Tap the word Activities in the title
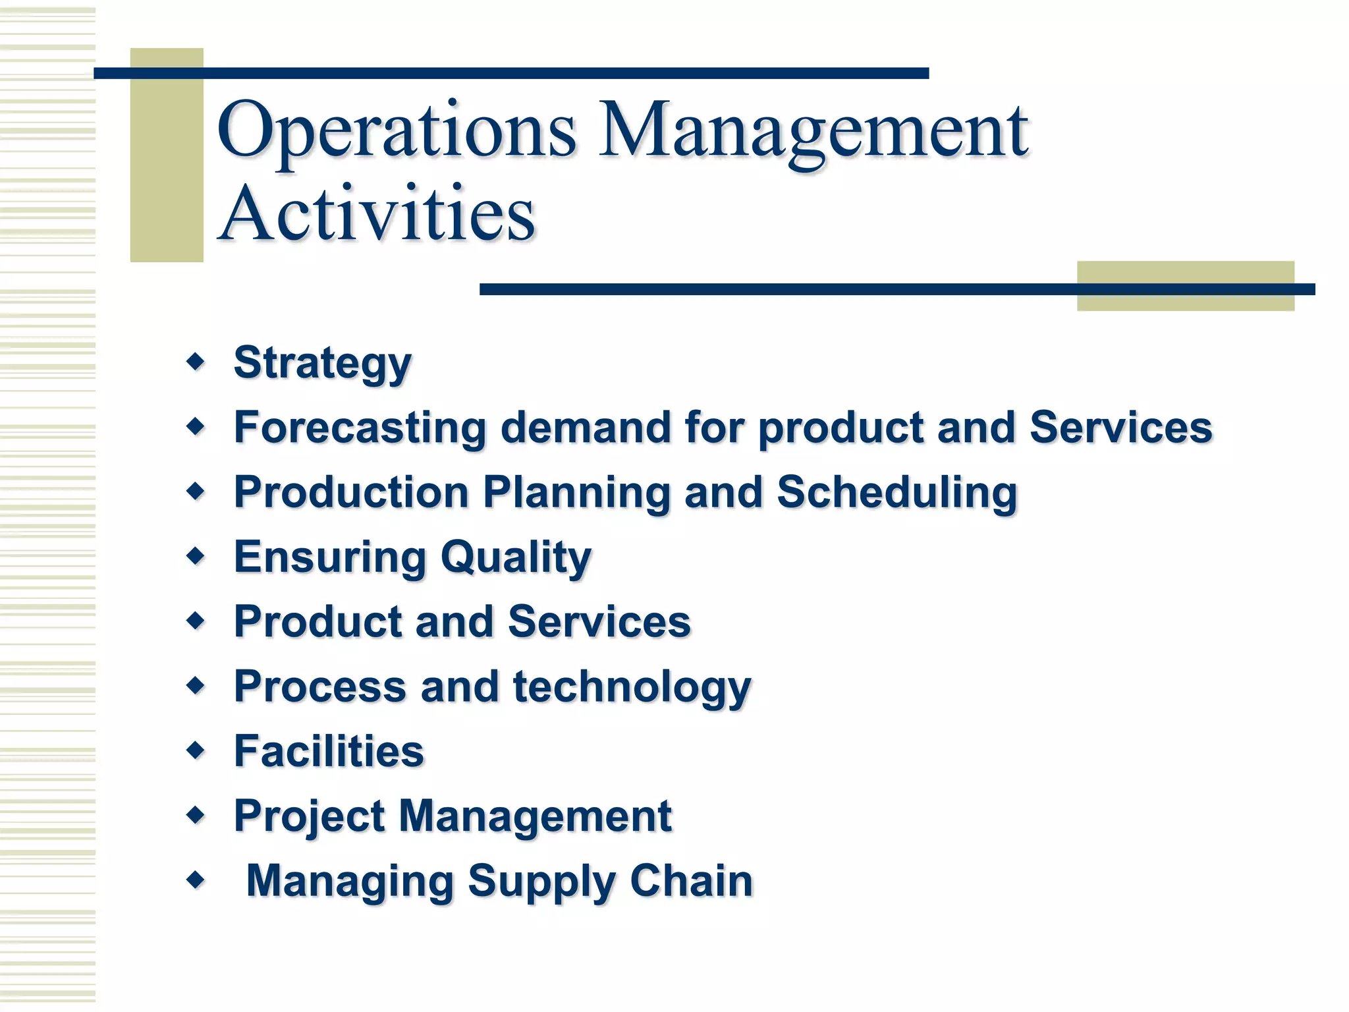tap(377, 214)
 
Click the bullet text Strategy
tap(322, 363)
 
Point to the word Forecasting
tap(360, 428)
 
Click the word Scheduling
tap(897, 493)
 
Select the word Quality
tap(516, 558)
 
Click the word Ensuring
tap(330, 558)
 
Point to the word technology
tap(632, 688)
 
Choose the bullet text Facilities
tap(329, 751)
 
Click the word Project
tap(310, 817)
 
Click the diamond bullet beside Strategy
tap(196, 361)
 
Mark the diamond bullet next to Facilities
tap(196, 750)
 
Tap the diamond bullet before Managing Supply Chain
tap(196, 880)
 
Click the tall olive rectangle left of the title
tap(167, 155)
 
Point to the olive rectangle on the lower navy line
tap(1185, 286)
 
